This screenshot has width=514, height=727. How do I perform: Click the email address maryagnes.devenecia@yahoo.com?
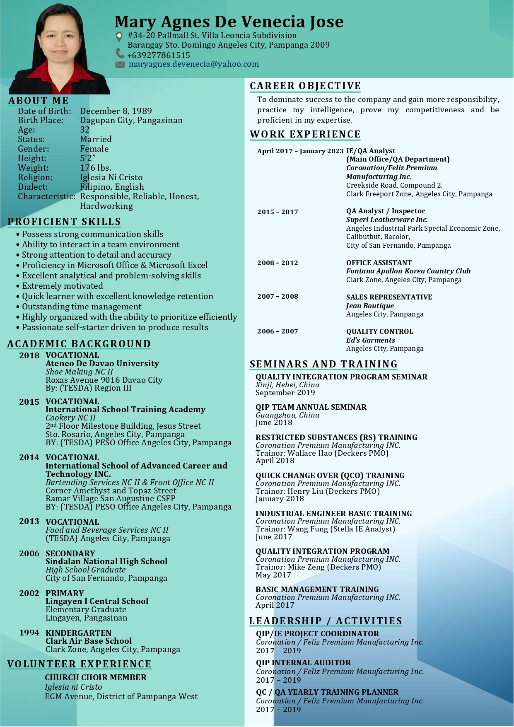193,64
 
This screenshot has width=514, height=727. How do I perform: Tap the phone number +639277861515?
159,55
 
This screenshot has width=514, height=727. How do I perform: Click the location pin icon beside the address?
119,36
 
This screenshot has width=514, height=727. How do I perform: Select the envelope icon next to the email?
120,65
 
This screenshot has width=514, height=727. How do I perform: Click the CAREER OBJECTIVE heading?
305,86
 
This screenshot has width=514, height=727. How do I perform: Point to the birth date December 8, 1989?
116,111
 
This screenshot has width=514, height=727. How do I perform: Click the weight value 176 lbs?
96,168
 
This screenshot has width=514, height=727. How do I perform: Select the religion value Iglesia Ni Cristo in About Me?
111,177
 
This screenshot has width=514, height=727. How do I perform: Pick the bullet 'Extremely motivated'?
63,286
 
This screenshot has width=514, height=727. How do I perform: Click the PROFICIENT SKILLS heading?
64,222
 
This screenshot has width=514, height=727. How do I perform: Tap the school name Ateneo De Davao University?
102,363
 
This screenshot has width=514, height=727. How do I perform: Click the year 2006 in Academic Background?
29,553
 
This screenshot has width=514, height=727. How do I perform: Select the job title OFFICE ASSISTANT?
379,263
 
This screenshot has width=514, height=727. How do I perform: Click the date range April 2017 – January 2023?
300,151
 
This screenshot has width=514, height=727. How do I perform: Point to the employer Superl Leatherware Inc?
387,220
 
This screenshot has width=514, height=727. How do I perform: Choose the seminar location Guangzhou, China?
287,415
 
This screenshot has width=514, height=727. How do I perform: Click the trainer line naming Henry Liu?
318,491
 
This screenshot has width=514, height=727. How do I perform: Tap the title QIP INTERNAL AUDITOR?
303,663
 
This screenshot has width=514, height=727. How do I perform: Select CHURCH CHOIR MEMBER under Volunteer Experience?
96,677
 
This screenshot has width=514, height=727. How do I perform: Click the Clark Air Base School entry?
89,641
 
